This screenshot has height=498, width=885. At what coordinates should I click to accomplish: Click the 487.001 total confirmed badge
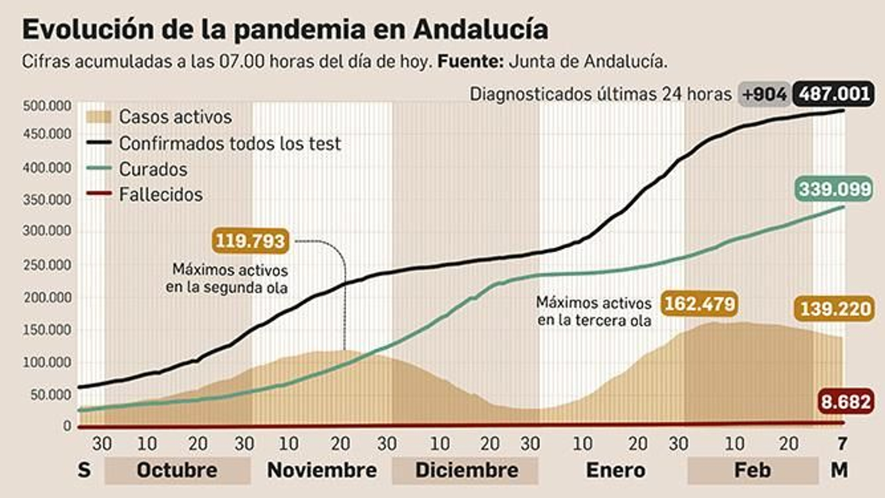point(834,94)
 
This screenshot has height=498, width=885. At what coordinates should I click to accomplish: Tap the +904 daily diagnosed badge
point(764,95)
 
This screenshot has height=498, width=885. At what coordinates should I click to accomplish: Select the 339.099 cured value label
point(835,189)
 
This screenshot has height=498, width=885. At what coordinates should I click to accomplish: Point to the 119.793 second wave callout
point(250,241)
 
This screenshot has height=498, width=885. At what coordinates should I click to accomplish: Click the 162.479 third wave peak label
point(699,304)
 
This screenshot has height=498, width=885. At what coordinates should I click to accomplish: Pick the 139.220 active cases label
point(835,309)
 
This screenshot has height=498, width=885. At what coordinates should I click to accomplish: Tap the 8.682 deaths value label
point(846,401)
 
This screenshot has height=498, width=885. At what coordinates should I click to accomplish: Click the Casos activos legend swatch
point(99,117)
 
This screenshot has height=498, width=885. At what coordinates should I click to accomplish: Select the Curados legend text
point(153,169)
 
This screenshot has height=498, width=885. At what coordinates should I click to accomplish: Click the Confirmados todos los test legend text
point(230,144)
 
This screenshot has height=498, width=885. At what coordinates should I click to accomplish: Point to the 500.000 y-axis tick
point(47,106)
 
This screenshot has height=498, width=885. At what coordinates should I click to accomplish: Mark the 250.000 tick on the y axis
point(47,265)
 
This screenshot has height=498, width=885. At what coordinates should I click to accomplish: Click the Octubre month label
point(177,470)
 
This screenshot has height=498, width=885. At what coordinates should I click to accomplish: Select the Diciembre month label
point(466,470)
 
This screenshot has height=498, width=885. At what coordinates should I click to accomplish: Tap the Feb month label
point(752,470)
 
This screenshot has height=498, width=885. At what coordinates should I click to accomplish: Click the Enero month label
point(615,470)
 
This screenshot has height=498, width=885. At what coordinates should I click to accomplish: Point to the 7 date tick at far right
point(842,443)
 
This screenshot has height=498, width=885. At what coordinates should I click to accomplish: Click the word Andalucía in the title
point(480,29)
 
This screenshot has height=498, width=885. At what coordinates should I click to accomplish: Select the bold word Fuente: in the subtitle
point(470,61)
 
